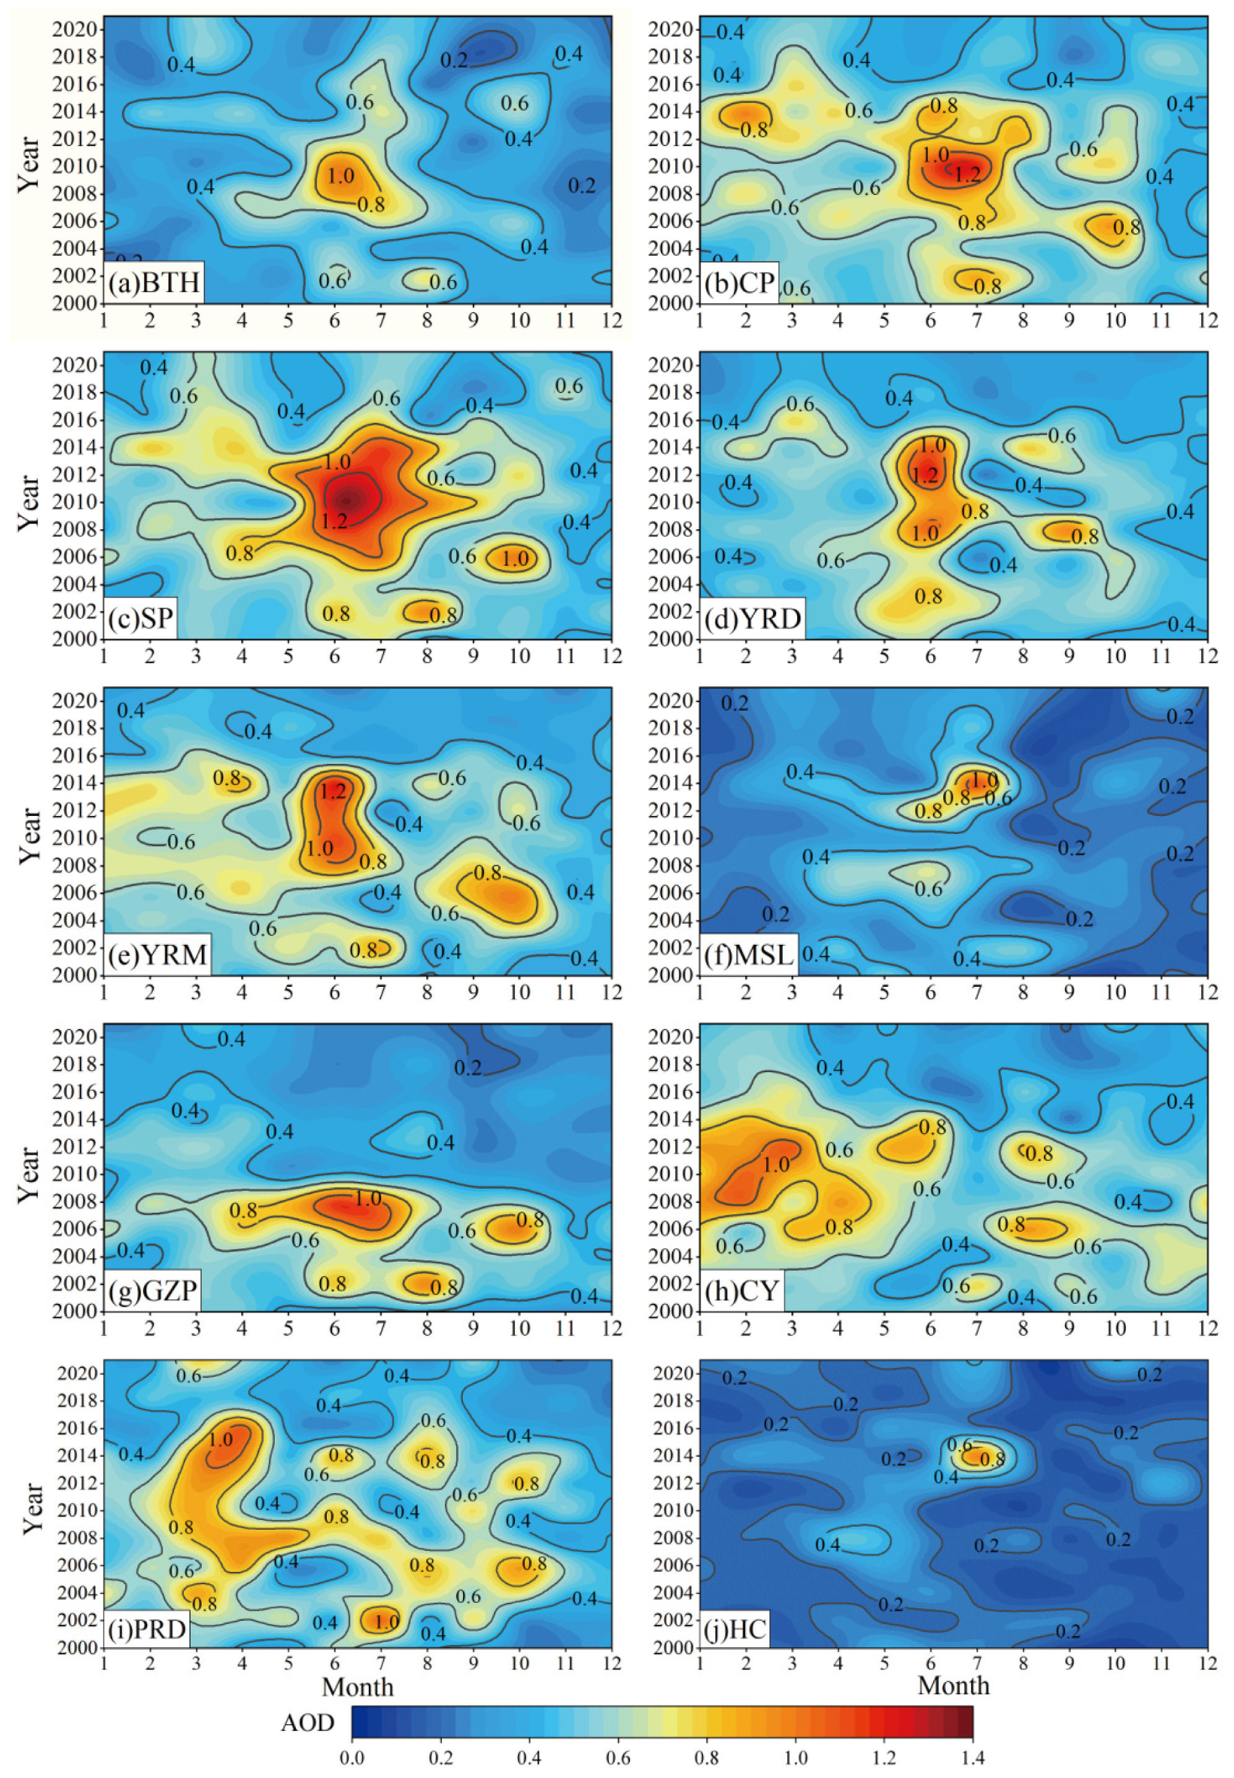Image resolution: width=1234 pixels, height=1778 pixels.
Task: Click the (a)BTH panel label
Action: [x=154, y=284]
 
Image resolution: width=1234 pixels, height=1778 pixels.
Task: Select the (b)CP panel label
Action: [x=738, y=284]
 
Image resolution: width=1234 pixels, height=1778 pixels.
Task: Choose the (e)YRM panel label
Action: [x=158, y=955]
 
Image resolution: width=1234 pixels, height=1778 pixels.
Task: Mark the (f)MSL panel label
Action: [x=748, y=955]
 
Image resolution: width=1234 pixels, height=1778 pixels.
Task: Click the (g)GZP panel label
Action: [x=152, y=1291]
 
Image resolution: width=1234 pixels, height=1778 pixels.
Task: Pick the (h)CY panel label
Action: [x=741, y=1291]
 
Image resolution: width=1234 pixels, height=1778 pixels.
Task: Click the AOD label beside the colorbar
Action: [x=307, y=1723]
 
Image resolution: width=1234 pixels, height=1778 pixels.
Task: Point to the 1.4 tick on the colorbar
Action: [x=973, y=1758]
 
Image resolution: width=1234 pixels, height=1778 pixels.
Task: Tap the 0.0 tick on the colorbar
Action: [x=352, y=1758]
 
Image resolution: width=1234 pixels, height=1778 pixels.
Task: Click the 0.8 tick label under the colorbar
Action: [x=707, y=1758]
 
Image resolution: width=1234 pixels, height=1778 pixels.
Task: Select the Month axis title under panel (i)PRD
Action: [x=357, y=1687]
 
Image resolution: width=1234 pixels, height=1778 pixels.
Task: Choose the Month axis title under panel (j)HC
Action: [x=952, y=1686]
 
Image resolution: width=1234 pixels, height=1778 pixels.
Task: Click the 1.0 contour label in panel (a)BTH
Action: [x=340, y=176]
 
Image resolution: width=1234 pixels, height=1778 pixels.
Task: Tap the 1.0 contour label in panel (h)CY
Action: [x=775, y=1164]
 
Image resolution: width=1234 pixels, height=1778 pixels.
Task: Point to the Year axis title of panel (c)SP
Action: [x=28, y=503]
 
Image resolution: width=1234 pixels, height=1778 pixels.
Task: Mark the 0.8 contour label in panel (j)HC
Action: [x=992, y=1459]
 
